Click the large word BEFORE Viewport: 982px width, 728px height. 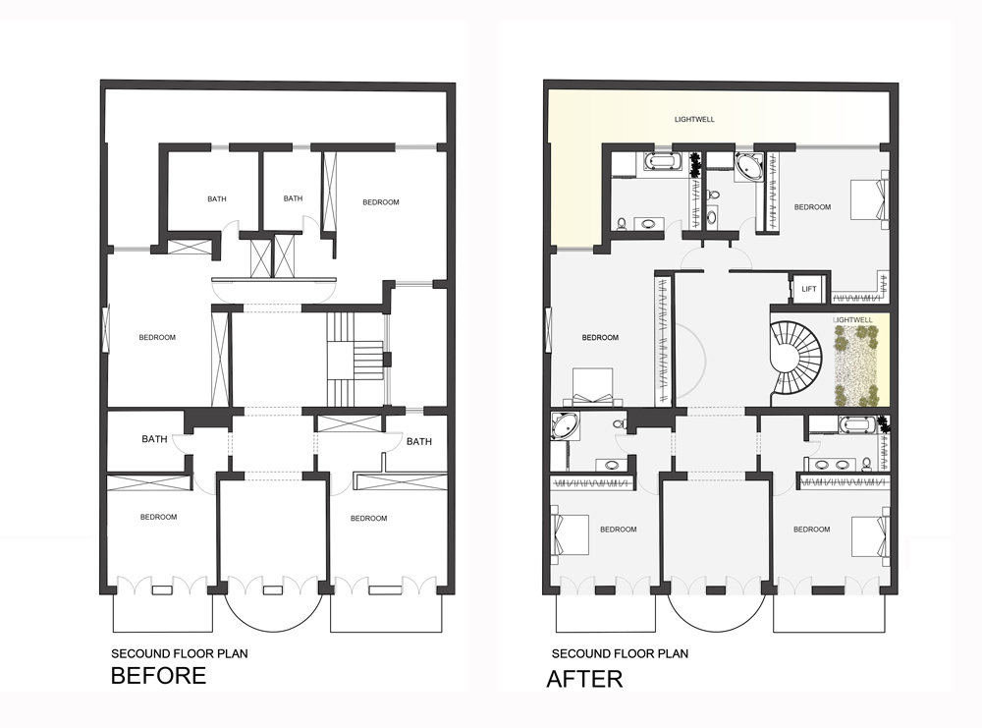[158, 676]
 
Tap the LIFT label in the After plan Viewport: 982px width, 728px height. [809, 289]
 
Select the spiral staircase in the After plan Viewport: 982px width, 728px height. [798, 358]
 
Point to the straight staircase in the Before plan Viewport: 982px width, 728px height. [355, 358]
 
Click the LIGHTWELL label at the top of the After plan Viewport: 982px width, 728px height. [694, 119]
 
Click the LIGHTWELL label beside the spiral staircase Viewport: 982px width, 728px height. [851, 320]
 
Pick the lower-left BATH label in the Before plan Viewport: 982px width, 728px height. [154, 439]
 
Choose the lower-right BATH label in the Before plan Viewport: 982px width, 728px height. [419, 441]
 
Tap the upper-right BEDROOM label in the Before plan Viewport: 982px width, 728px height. [381, 202]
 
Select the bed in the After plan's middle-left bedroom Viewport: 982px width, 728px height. [592, 387]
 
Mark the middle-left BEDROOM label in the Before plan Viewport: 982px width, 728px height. [157, 337]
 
